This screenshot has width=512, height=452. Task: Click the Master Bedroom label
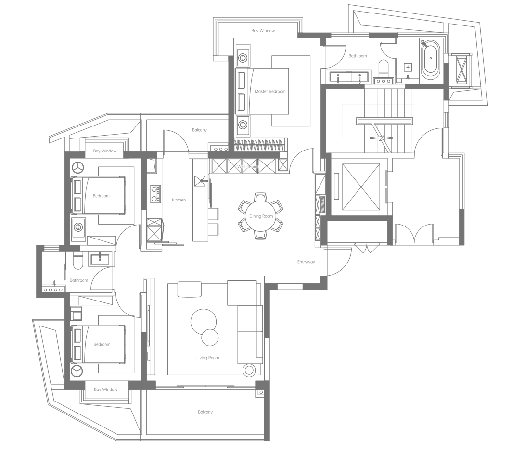click(x=270, y=91)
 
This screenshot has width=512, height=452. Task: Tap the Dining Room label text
click(x=261, y=216)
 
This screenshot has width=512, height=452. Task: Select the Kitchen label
click(x=179, y=200)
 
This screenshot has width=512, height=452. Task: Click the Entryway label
click(x=306, y=262)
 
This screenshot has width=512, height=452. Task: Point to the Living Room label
click(x=208, y=358)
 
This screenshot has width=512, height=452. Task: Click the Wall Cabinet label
click(x=249, y=166)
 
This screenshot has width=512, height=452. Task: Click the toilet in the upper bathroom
click(x=383, y=67)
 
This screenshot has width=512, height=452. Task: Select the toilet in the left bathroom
click(x=78, y=260)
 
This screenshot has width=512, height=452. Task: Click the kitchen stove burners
click(x=155, y=194)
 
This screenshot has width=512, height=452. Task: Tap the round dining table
click(x=261, y=216)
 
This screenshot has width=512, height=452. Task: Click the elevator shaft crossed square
click(x=361, y=187)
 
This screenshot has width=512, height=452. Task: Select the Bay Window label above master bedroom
click(x=263, y=31)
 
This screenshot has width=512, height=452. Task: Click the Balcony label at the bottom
click(x=205, y=412)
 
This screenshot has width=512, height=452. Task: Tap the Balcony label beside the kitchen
click(x=199, y=130)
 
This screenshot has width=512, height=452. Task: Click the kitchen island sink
click(x=201, y=180)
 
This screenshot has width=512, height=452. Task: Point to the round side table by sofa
click(x=249, y=370)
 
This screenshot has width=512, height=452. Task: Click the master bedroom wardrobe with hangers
click(x=261, y=145)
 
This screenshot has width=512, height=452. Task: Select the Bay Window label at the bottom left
click(x=105, y=389)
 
